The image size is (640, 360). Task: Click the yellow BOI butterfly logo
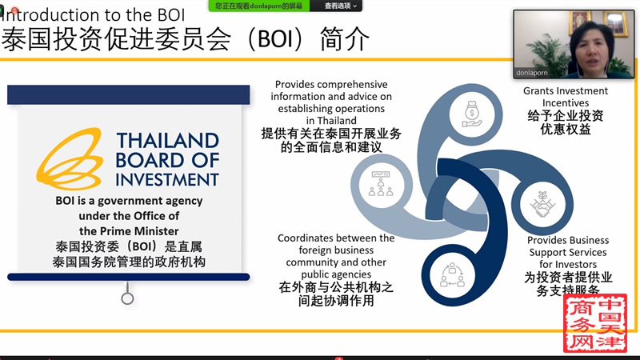70,159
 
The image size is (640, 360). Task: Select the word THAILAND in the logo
168,141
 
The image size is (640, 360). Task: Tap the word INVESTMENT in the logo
167,179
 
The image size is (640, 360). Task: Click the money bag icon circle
472,114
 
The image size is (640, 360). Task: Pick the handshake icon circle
542,205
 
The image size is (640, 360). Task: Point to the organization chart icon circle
382,185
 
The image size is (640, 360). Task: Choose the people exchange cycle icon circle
452,275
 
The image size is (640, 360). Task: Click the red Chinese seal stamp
595,322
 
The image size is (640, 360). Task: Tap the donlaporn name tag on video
531,73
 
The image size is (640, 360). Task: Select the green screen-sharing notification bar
258,6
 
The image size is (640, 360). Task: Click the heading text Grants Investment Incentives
566,97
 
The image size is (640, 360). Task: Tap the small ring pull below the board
127,298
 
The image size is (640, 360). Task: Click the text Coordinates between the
336,238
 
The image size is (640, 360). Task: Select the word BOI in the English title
170,15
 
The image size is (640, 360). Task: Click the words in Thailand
331,121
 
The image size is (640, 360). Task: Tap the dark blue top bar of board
129,94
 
